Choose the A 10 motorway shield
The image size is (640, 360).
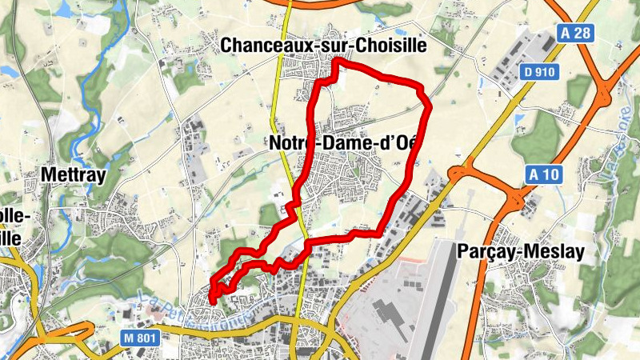click(543, 174)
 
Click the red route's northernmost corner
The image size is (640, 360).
click(338, 61)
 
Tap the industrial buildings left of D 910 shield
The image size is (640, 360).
click(504, 60)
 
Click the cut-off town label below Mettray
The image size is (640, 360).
click(16, 227)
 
